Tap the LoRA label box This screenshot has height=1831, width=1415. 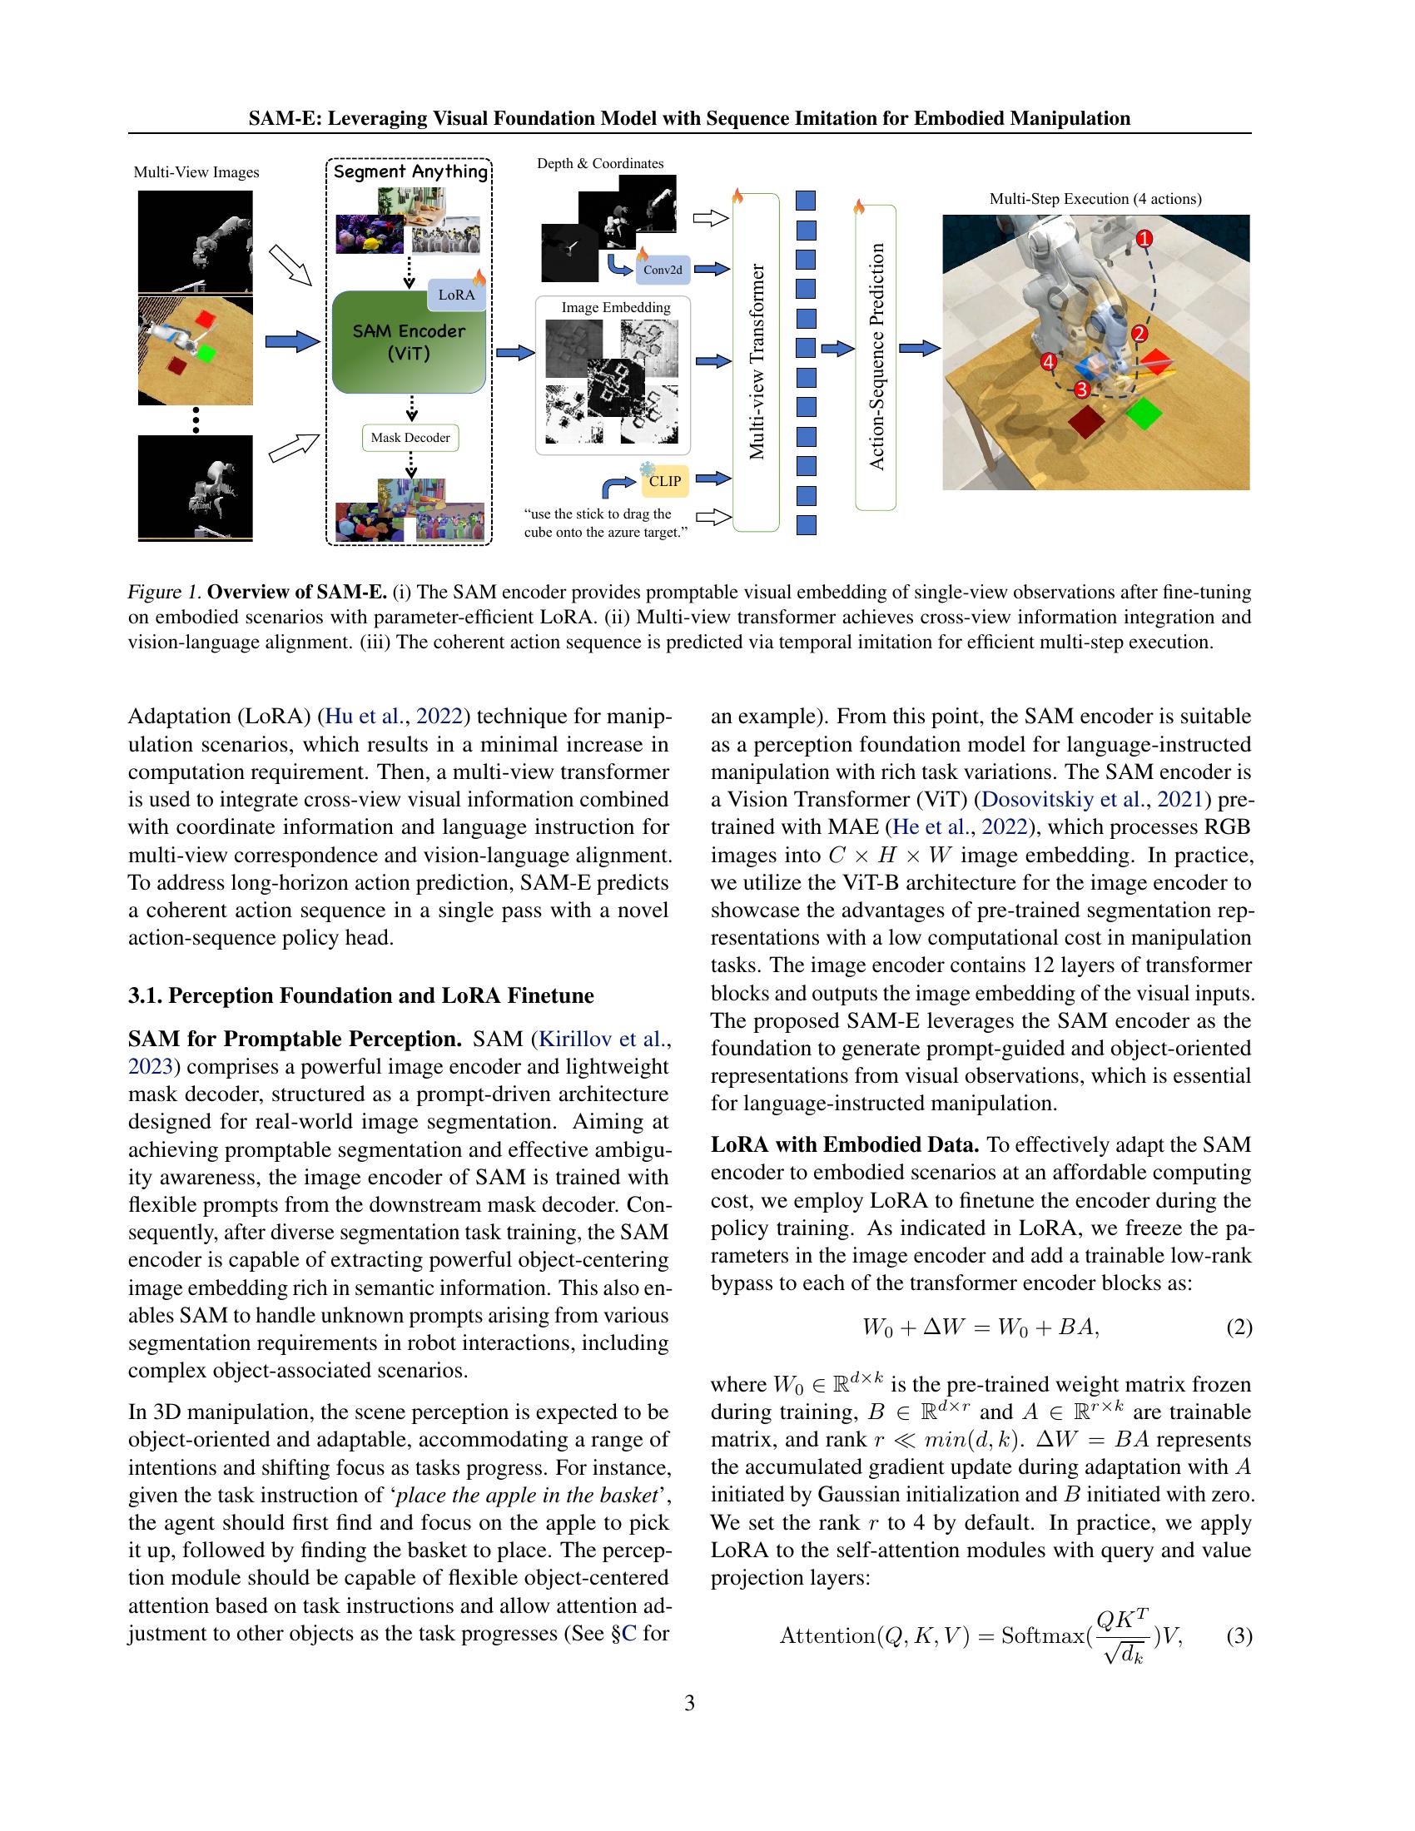coord(457,295)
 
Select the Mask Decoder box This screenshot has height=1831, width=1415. coord(410,438)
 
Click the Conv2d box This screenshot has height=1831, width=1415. coord(663,270)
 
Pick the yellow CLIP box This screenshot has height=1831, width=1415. coord(665,481)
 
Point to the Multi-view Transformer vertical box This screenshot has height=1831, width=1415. coord(756,362)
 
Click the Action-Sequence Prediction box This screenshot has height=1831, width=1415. coord(876,357)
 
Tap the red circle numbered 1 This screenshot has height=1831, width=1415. coord(1144,239)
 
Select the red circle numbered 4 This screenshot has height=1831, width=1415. coord(1048,362)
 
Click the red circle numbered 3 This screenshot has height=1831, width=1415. coord(1081,390)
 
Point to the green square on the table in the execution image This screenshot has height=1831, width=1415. coord(1144,414)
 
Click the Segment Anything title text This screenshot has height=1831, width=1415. coord(410,172)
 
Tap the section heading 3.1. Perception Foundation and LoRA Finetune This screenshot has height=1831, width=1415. coord(360,995)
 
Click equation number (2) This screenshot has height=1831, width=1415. coord(1239,1327)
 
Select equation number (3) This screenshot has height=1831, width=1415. coord(1239,1635)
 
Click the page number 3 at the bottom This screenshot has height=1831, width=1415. coord(689,1703)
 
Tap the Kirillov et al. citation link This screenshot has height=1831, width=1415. coord(603,1040)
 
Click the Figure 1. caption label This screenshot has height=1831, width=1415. coord(164,592)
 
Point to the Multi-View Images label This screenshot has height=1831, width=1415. coord(196,173)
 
